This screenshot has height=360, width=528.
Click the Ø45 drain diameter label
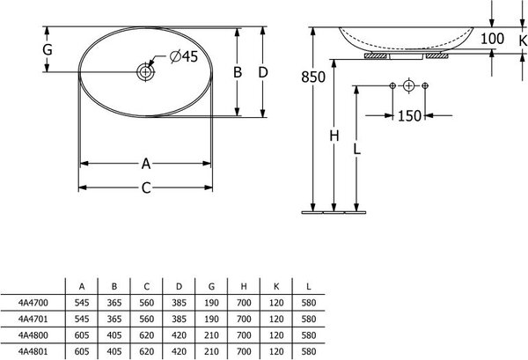pyautogui.click(x=184, y=56)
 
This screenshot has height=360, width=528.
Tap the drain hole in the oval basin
pyautogui.click(x=145, y=71)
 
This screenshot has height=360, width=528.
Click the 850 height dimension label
pyautogui.click(x=313, y=77)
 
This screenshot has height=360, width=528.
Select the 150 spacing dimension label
pyautogui.click(x=409, y=116)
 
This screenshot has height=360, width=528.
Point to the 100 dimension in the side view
pyautogui.click(x=492, y=39)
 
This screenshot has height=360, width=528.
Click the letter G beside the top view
pyautogui.click(x=48, y=50)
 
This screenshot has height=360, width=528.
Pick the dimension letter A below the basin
pyautogui.click(x=146, y=164)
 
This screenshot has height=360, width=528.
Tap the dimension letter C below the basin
pyautogui.click(x=146, y=187)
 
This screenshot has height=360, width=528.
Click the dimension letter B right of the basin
pyautogui.click(x=238, y=72)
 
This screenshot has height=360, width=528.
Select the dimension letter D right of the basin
pyautogui.click(x=263, y=72)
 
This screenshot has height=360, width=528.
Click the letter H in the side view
pyautogui.click(x=334, y=136)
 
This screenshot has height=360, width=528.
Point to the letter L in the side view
pyautogui.click(x=357, y=149)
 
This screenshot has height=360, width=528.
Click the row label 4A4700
pyautogui.click(x=33, y=303)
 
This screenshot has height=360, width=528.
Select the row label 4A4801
pyautogui.click(x=33, y=351)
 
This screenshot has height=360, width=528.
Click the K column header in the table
pyautogui.click(x=276, y=287)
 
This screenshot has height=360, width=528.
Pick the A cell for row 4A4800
pyautogui.click(x=82, y=335)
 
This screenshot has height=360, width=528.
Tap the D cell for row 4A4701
pyautogui.click(x=179, y=319)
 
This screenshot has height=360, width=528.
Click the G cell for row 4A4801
pyautogui.click(x=211, y=351)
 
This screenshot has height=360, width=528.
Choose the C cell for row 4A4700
pyautogui.click(x=146, y=303)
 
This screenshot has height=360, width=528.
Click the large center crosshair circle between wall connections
pyautogui.click(x=408, y=86)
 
